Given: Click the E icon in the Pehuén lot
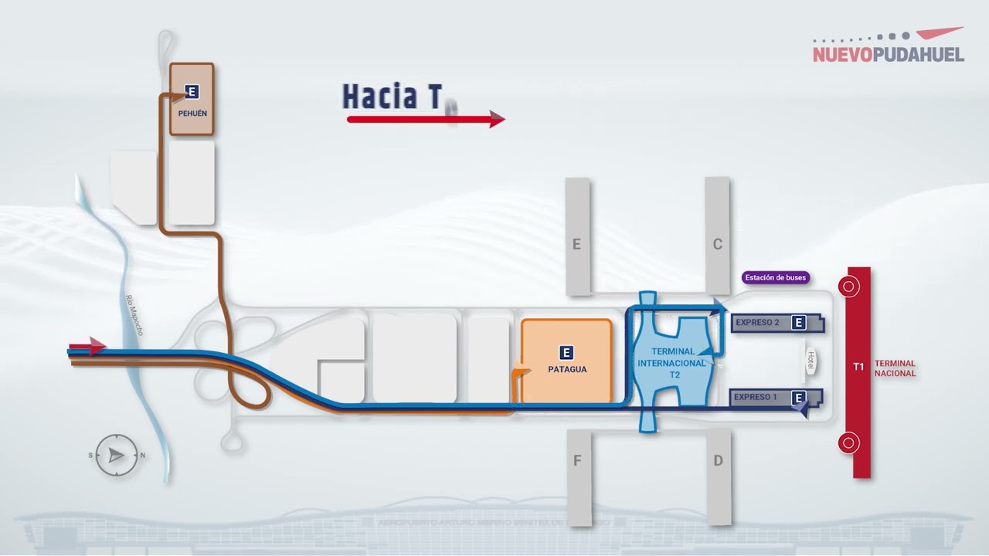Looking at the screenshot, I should (x=192, y=92).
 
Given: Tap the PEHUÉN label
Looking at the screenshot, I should (x=192, y=114).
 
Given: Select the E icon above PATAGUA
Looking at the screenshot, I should (x=566, y=353).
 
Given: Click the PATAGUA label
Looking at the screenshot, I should (x=567, y=369).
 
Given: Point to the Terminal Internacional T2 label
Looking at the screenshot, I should (x=671, y=363).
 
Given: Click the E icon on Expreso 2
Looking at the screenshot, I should (x=799, y=323).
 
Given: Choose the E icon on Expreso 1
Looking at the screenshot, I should (x=800, y=398).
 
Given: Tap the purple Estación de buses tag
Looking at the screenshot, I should (x=774, y=277).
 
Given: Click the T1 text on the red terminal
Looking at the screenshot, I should (x=858, y=367).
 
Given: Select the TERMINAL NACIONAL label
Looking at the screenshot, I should (x=895, y=368).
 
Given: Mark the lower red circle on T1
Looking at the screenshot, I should (x=849, y=443).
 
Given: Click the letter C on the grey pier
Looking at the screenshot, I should (x=717, y=245).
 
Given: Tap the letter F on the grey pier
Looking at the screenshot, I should (x=577, y=461).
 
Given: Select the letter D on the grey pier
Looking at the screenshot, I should (x=718, y=461).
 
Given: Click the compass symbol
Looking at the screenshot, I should (x=117, y=456).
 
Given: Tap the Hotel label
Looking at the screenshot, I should (x=811, y=361).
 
